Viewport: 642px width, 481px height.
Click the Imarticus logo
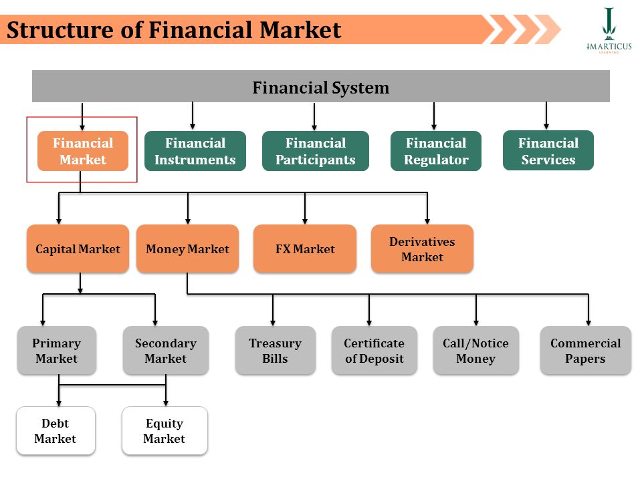point(609,30)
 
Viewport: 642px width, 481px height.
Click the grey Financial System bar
point(320,86)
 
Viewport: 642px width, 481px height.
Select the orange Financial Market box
point(83,151)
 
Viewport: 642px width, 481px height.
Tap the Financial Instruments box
point(195,151)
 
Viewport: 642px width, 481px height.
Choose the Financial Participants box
point(315,151)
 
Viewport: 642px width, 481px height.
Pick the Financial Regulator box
point(436,151)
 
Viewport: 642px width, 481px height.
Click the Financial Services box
point(548,150)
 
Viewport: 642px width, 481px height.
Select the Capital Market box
point(78,249)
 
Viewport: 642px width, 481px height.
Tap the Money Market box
point(187,249)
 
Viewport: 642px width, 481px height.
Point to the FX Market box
point(305,249)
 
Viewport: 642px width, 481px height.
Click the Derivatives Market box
point(422,249)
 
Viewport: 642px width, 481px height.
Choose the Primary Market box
point(56,351)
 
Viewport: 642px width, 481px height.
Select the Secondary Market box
point(165,351)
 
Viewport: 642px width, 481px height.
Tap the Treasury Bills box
point(275,351)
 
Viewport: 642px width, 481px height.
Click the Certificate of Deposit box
point(374,351)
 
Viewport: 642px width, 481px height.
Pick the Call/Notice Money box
point(475,351)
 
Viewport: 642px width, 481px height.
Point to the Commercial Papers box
point(586,351)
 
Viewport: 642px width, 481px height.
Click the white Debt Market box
point(56,431)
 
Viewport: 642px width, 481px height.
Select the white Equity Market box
point(165,431)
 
